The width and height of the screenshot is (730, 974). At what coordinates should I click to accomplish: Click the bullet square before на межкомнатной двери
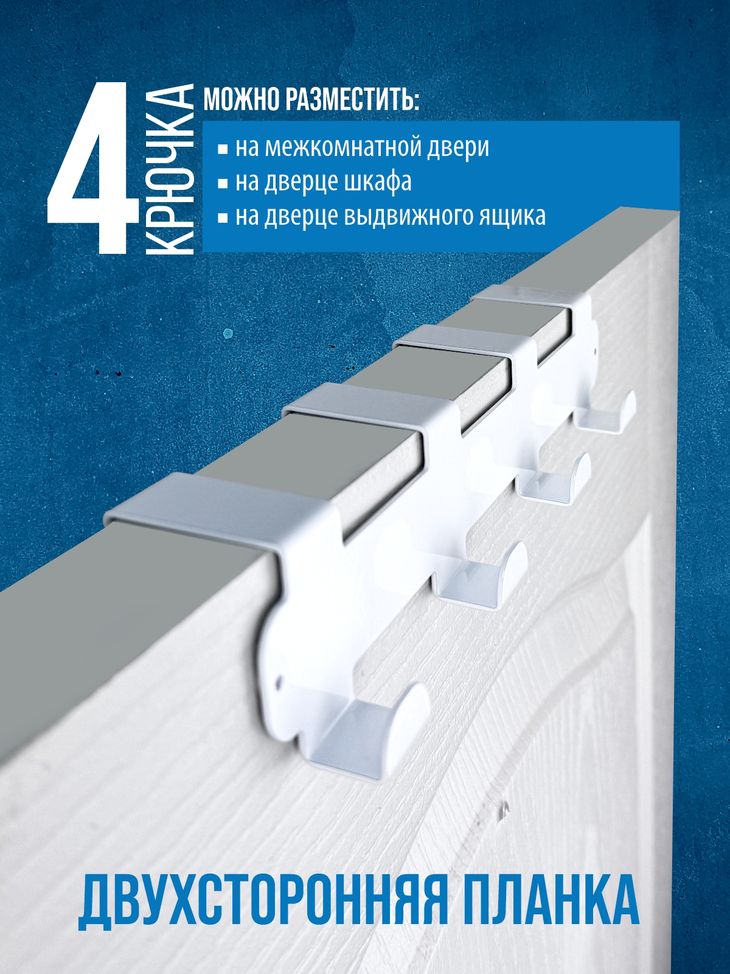click(223, 150)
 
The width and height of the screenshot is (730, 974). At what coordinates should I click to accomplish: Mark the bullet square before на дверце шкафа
click(223, 184)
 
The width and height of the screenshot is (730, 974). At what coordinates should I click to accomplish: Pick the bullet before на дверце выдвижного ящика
click(223, 219)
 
